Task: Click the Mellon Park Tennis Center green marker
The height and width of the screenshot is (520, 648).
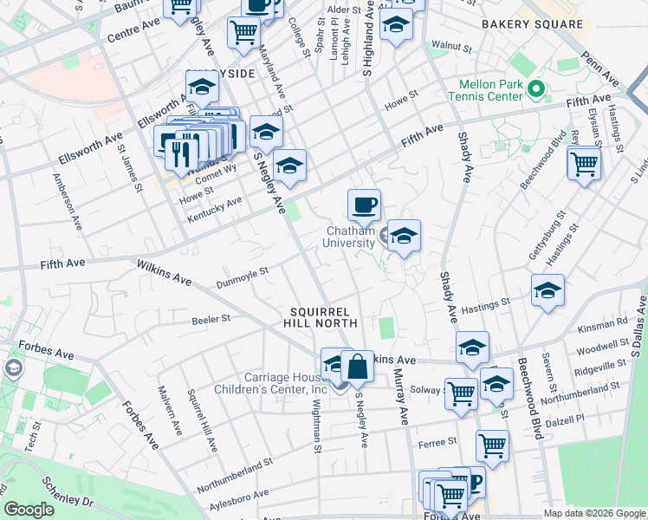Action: click(536, 88)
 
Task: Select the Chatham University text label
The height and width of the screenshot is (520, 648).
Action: click(349, 237)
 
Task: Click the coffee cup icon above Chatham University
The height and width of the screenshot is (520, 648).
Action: click(364, 205)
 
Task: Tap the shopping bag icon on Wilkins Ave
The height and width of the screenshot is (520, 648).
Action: click(357, 367)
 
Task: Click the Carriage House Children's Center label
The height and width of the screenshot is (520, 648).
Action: click(274, 383)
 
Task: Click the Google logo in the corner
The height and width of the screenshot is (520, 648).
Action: click(29, 510)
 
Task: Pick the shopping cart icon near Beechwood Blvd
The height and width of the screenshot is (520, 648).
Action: click(584, 163)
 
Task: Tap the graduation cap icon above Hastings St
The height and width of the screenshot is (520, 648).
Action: click(548, 291)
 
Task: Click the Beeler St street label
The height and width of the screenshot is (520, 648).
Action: click(211, 319)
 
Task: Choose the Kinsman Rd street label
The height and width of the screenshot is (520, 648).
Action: click(610, 322)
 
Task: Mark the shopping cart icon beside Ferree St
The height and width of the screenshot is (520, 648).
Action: click(492, 445)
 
